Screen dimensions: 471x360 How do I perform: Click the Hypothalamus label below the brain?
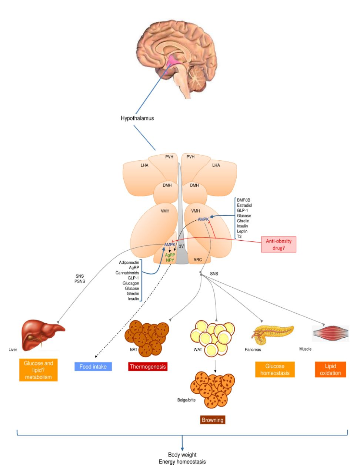point(137,118)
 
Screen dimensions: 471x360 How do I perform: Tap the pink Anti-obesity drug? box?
point(279,244)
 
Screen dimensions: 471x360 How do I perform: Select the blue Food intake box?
point(93,367)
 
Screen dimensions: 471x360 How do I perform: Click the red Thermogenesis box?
point(148,367)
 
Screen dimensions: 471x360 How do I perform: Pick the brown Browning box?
point(212,420)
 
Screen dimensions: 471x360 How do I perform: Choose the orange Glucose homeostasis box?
point(275,370)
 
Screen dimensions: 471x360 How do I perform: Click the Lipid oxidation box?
point(330,370)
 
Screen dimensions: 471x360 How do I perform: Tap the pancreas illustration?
point(272,332)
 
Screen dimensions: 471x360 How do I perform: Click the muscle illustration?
point(330,333)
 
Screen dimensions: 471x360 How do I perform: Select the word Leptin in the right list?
point(242,231)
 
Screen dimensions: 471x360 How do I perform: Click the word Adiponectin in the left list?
point(129,263)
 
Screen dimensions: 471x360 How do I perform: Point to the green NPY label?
point(170,260)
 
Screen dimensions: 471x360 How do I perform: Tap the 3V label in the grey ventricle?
point(181,246)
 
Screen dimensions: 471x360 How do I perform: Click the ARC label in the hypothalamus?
point(198,260)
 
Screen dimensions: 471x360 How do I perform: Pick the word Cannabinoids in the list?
point(127,273)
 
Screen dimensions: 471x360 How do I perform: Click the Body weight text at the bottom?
point(182,455)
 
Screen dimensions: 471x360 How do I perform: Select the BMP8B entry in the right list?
point(243,200)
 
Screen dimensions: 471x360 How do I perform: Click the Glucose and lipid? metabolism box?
point(39,370)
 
